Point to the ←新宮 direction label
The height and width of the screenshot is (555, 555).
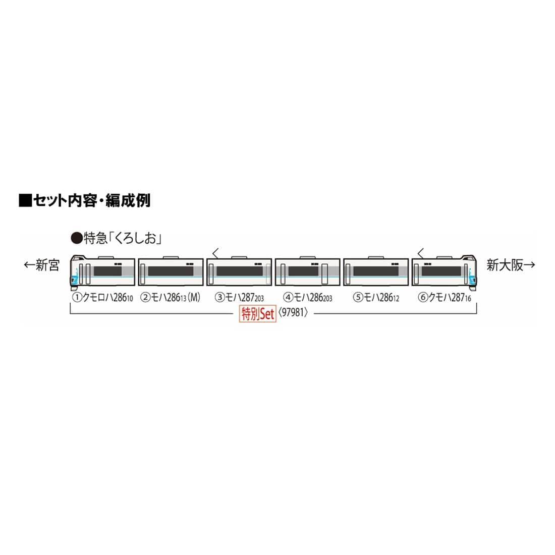coord(41,265)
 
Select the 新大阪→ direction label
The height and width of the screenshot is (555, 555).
coord(511,265)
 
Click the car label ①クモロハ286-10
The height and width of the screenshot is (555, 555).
coord(102,297)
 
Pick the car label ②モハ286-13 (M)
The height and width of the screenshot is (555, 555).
coord(170,297)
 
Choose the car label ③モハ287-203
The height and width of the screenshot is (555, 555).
coord(239,297)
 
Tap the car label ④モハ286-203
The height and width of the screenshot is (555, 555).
coord(308,297)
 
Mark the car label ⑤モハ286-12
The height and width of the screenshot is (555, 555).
coord(376,297)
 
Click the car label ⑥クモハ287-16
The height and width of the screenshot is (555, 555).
coord(445,297)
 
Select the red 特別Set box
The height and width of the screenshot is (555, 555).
coord(257,314)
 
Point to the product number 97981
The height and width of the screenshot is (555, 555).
coord(293,312)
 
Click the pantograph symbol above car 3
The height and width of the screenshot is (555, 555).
coord(215,253)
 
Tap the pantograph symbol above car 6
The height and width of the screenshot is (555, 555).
coord(420,253)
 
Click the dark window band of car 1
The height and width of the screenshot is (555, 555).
coord(107,271)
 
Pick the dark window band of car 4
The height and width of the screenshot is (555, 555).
coord(303,271)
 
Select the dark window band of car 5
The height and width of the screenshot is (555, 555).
coord(376,271)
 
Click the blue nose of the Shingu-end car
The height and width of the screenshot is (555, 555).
coord(75,275)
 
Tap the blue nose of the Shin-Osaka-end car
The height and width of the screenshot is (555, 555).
coord(473,276)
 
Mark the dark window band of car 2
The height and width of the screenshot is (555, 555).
coord(171,271)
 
